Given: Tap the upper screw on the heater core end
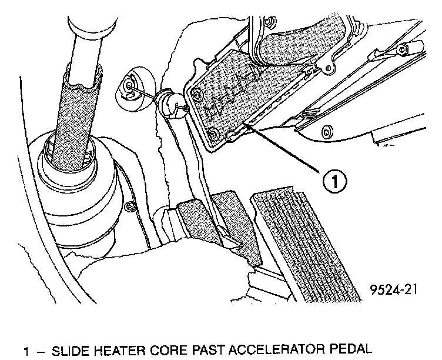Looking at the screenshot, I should pyautogui.click(x=197, y=94).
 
